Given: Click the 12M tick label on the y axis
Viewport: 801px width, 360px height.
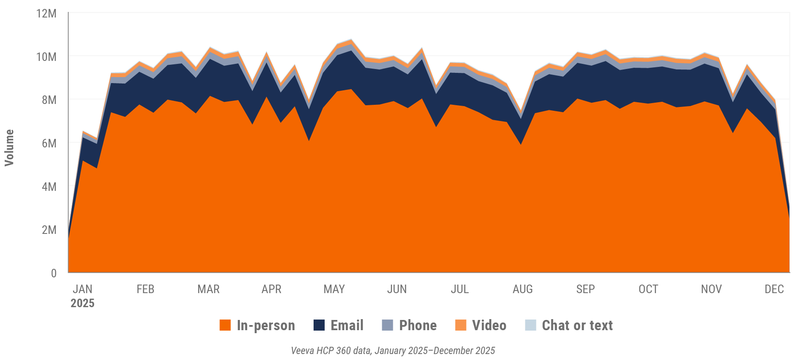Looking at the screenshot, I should [x=46, y=14].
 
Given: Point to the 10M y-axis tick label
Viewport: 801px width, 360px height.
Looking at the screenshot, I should [x=46, y=57].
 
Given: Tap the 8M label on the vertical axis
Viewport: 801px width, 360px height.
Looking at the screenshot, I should [x=49, y=100].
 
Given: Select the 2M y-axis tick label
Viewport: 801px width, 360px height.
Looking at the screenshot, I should [x=49, y=230].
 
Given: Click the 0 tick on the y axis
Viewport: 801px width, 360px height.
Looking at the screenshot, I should [x=54, y=273].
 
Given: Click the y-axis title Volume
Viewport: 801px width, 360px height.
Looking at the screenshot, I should [x=9, y=147].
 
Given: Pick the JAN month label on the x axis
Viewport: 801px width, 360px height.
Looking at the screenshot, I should [x=82, y=289].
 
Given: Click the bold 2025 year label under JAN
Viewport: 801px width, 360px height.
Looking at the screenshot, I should [x=82, y=303].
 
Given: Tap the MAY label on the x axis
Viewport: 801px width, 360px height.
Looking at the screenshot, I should [x=334, y=289].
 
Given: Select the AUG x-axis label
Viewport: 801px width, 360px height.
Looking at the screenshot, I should [x=522, y=289].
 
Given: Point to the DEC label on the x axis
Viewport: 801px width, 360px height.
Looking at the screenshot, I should [x=774, y=289].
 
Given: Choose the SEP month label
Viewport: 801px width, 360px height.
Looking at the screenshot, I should [x=585, y=289].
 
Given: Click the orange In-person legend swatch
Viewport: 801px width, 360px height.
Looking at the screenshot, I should [x=225, y=325].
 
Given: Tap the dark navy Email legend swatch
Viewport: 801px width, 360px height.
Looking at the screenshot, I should [x=319, y=325].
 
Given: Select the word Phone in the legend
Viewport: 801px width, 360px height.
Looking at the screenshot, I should [x=418, y=325].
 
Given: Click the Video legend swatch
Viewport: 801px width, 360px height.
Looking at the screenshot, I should [x=461, y=325].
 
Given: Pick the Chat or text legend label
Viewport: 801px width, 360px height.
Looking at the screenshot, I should [x=577, y=325].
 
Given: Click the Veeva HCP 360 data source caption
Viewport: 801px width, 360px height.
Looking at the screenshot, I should [x=393, y=351].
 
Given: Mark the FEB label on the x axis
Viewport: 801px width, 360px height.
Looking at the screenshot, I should [x=145, y=289].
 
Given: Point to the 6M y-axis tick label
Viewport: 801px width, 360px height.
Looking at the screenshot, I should [x=49, y=144].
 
